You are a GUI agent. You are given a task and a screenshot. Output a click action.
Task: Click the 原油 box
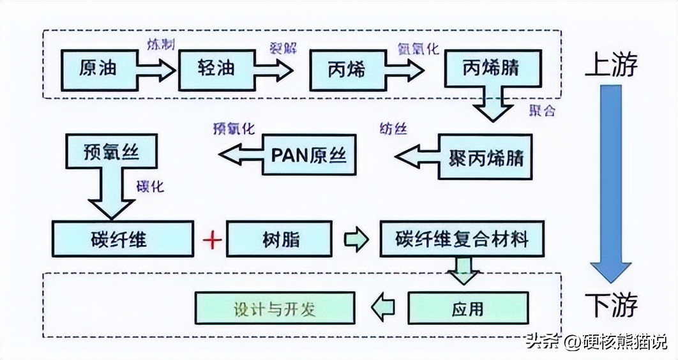tap(98, 69)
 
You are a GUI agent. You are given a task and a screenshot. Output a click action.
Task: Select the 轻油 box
tap(217, 69)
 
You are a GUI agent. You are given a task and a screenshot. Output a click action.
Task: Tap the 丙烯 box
tap(347, 69)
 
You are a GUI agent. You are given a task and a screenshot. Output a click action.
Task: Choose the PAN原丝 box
tap(309, 155)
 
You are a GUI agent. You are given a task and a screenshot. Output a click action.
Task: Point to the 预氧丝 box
tap(111, 153)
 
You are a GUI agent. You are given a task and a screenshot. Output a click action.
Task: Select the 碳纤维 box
tap(122, 239)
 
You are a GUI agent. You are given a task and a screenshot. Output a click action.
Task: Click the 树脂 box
tap(280, 239)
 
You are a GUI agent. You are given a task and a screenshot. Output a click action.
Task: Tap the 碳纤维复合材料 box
tap(463, 239)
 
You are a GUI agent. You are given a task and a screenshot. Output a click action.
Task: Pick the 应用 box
tap(468, 309)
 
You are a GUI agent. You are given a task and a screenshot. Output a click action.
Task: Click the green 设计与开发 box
tap(275, 309)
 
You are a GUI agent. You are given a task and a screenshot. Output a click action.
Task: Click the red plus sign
tap(211, 240)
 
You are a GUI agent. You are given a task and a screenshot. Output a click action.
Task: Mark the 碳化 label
tap(151, 187)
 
